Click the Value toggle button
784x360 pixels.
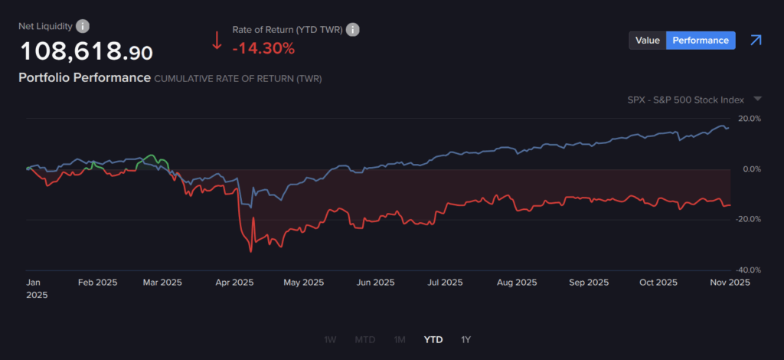click(x=647, y=41)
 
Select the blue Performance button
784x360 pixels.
click(x=701, y=41)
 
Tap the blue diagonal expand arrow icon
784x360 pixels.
click(x=756, y=40)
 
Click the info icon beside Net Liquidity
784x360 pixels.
click(x=83, y=27)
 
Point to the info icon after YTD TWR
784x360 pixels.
click(x=353, y=30)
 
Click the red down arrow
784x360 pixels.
click(x=217, y=39)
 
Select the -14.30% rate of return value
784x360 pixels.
click(x=263, y=48)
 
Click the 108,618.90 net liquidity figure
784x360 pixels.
click(x=86, y=52)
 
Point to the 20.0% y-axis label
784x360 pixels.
click(x=749, y=119)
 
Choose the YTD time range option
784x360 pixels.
click(x=433, y=339)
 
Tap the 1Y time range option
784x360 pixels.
click(x=466, y=339)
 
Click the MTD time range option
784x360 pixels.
click(x=365, y=339)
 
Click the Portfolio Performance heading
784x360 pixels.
click(x=84, y=78)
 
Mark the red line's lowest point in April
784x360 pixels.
click(x=250, y=251)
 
